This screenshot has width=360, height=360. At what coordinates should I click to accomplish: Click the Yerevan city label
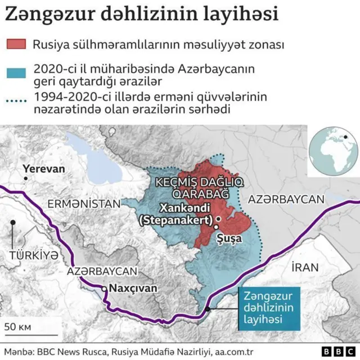[x=43, y=169]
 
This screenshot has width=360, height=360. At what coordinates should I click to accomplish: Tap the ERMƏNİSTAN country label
[x=84, y=204]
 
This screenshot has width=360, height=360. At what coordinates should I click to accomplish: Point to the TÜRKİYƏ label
[x=34, y=255]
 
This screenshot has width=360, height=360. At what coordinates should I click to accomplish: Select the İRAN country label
[x=305, y=267]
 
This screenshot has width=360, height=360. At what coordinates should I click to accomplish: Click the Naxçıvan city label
[x=133, y=288]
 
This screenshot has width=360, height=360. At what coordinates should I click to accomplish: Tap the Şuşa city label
[x=229, y=238]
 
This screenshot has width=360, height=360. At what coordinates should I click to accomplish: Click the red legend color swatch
[x=17, y=44]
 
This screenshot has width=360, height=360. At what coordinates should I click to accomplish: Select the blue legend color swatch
[x=17, y=73]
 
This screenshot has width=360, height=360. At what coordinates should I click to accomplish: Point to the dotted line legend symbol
[x=17, y=101]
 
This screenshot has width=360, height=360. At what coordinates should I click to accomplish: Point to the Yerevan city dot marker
[x=26, y=178]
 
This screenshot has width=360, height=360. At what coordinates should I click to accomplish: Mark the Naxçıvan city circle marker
[x=103, y=289]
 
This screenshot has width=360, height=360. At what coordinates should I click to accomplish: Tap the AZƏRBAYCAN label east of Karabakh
[x=286, y=199]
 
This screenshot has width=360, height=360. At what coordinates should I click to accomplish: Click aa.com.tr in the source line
[x=234, y=352]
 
